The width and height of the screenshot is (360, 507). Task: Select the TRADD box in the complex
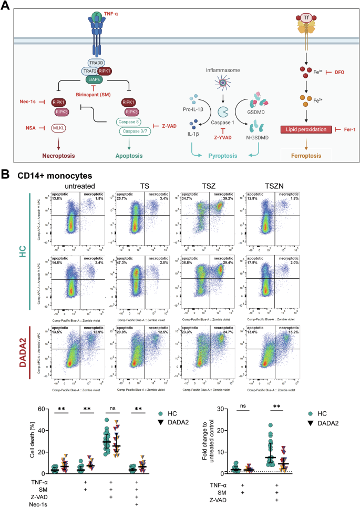[99, 62]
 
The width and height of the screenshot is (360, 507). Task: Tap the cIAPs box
[99, 79]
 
